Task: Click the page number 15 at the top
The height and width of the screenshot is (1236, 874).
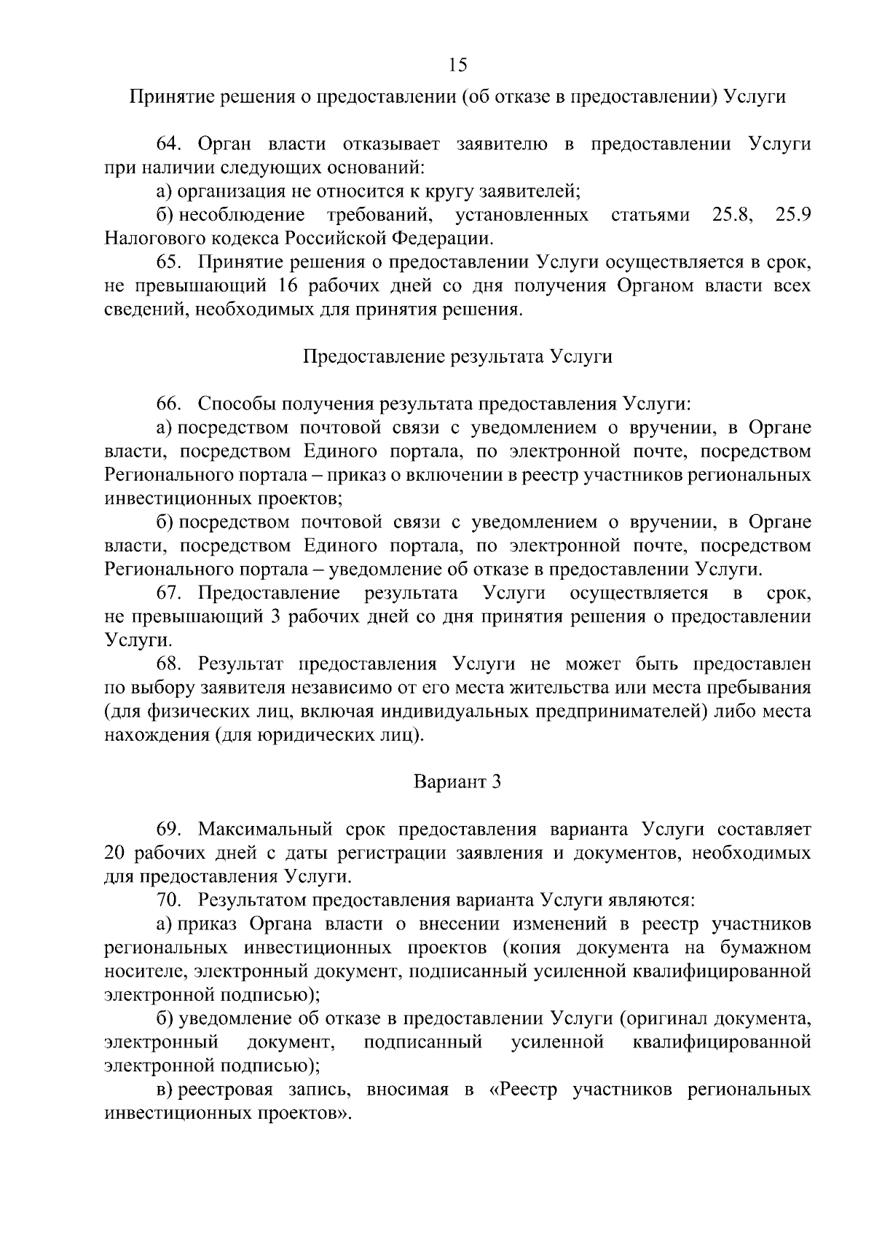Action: (x=457, y=66)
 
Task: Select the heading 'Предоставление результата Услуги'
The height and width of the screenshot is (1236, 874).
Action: (x=457, y=357)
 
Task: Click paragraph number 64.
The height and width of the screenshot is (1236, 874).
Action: (x=168, y=143)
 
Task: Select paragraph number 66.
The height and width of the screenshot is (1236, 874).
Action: (x=168, y=404)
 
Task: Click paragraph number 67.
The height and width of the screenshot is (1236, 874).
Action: (x=168, y=594)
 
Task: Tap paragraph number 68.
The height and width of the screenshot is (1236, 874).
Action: (x=168, y=664)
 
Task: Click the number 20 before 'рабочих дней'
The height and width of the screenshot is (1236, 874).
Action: (x=116, y=853)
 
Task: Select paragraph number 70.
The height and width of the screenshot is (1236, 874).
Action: (x=168, y=900)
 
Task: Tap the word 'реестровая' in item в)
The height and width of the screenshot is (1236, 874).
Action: (x=226, y=1090)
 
